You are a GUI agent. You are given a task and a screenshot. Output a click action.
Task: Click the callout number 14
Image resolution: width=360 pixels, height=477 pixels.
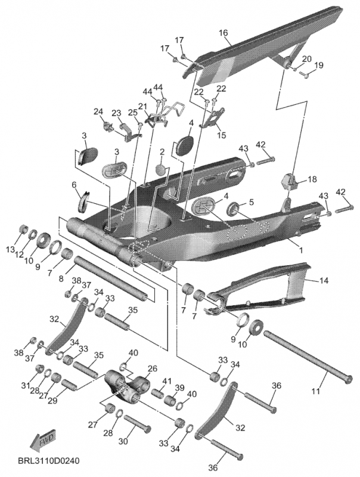click(324, 280)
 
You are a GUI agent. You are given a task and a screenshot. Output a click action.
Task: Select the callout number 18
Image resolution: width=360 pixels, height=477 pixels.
click(313, 179)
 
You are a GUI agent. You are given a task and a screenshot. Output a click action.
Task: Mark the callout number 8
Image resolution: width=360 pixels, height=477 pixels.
click(60, 278)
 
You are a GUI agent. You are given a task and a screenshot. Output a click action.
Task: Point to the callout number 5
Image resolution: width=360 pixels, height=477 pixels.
click(251, 202)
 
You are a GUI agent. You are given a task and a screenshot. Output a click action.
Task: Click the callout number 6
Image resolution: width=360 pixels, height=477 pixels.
click(75, 185)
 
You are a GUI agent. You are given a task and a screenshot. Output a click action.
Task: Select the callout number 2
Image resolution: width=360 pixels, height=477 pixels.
click(163, 153)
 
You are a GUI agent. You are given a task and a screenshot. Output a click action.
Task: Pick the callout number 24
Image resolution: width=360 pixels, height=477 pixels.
click(98, 111)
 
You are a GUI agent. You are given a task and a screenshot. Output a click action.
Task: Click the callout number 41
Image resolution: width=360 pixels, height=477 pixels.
click(167, 381)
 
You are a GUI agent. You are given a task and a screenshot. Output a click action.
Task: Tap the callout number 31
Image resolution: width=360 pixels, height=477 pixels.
click(25, 385)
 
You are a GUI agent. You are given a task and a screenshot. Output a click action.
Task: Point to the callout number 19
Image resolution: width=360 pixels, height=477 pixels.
click(319, 65)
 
